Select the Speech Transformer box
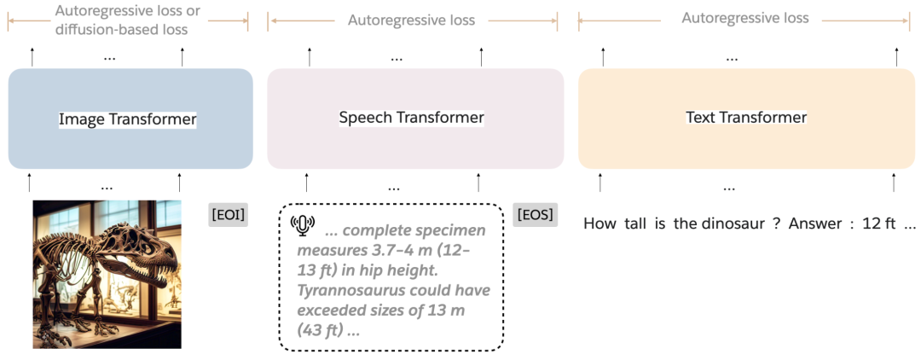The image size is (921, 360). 414,118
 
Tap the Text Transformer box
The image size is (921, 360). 745,118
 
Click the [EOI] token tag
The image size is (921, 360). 228,214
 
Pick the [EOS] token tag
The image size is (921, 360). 536,214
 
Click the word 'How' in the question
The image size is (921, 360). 600,224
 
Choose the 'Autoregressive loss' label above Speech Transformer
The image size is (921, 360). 411,20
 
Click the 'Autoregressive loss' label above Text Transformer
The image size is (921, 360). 744,18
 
